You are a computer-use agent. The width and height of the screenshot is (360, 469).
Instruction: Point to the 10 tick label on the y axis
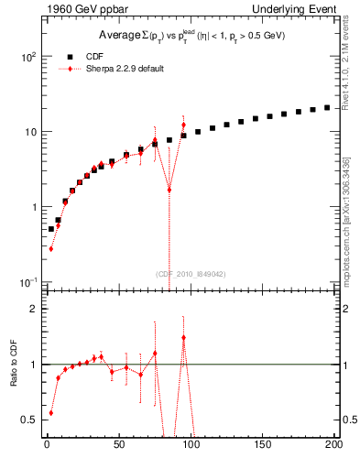coord(29,132)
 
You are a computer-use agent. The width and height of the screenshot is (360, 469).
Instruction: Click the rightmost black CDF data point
coord(327,107)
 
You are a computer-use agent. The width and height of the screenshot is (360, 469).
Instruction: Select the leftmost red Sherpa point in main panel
coord(51,248)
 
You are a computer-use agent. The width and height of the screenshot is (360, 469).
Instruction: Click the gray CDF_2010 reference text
coord(191,273)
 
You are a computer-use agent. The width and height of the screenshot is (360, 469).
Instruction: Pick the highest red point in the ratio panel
coord(184,337)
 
